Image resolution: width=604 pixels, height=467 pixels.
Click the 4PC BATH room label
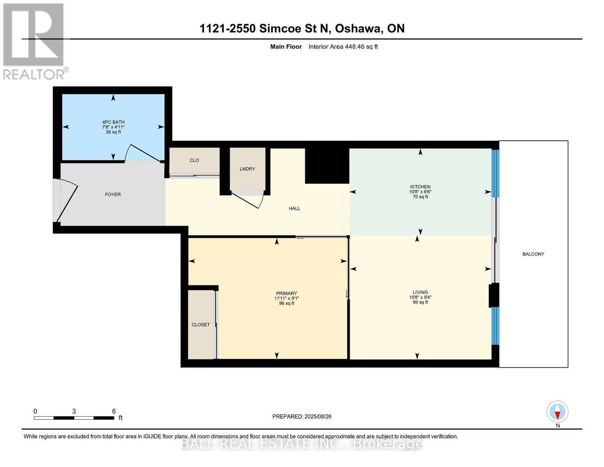click(113, 122)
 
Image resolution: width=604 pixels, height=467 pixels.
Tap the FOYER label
click(113, 195)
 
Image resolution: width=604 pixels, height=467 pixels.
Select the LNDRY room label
click(247, 169)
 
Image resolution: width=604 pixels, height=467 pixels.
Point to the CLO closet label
click(194, 160)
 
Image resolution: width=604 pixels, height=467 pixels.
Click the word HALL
click(294, 208)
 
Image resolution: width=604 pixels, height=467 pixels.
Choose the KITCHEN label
click(420, 187)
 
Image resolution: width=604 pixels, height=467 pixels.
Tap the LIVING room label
click(420, 292)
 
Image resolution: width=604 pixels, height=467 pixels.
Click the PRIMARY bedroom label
click(286, 293)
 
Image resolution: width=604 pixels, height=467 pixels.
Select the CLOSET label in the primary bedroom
click(201, 325)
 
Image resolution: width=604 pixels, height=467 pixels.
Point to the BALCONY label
click(533, 254)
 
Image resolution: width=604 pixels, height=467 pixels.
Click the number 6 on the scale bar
click(114, 411)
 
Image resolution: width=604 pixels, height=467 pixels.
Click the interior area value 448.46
click(354, 46)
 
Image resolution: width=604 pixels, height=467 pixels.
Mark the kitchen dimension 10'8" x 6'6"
click(420, 191)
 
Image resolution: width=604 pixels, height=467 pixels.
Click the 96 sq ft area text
click(287, 303)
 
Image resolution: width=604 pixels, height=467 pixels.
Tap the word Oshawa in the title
click(358, 28)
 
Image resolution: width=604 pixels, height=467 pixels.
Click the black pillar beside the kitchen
click(327, 166)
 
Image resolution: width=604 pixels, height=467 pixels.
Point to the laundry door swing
click(248, 201)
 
